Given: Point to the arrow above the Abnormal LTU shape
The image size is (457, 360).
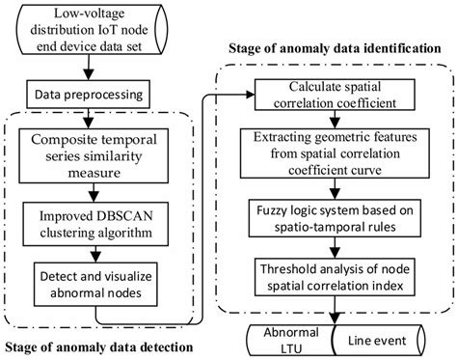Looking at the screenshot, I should [332, 311].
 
